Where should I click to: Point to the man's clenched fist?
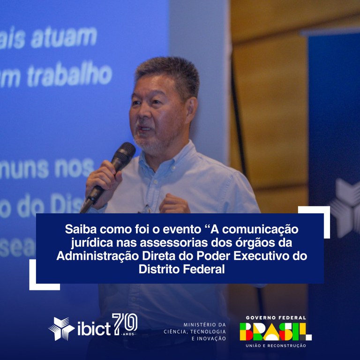pos(174,204)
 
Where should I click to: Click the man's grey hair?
pos(167,75)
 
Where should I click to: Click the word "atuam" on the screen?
pos(64,38)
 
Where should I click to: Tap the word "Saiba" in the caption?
pos(80,230)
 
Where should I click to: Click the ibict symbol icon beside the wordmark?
pos(61,328)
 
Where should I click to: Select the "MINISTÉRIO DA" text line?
pos(205,324)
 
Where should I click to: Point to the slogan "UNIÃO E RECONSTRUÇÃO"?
pos(275,346)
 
